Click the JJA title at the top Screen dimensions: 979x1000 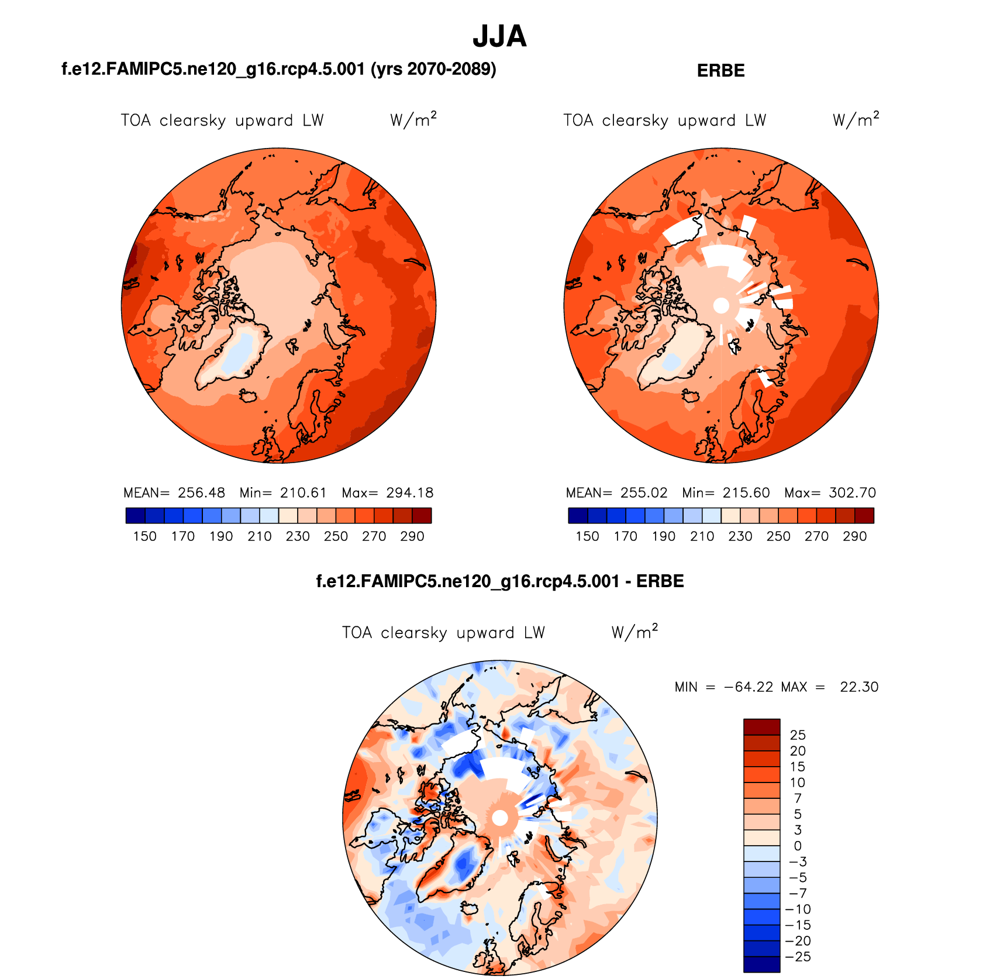pos(499,36)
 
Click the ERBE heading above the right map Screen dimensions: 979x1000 pos(720,71)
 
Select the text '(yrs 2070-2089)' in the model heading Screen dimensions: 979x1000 pos(433,69)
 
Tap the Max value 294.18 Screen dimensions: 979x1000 pos(409,493)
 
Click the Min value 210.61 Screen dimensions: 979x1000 pos(303,493)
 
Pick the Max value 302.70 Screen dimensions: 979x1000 pos(852,493)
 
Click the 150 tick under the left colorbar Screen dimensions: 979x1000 pos(144,536)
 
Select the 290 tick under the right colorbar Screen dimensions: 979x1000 pos(854,536)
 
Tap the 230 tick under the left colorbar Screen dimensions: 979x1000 pos(298,536)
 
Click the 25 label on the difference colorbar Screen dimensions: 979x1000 pos(798,735)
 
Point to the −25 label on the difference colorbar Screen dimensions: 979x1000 pos(798,957)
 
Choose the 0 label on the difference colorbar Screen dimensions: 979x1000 pos(798,846)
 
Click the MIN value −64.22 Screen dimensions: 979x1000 pos(748,687)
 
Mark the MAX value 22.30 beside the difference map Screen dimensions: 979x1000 pos(859,687)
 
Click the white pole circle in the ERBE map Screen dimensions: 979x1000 pos(721,305)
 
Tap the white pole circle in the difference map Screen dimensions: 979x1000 pos(500,818)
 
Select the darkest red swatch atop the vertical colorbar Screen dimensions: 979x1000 pos(761,727)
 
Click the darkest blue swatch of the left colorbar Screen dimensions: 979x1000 pos(135,516)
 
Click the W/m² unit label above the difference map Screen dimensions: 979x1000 pos(635,632)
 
